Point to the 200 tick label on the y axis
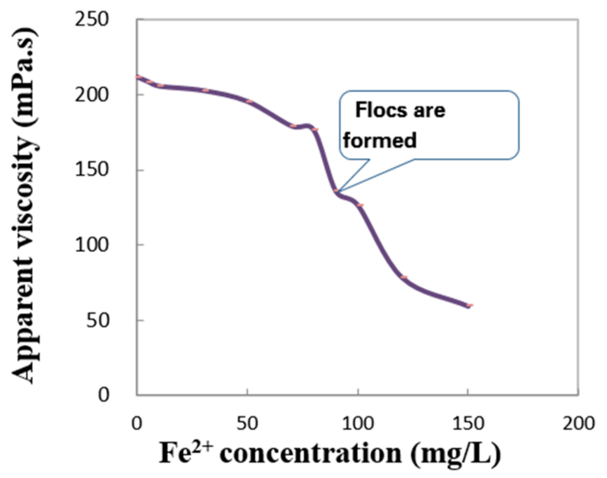pyautogui.click(x=91, y=95)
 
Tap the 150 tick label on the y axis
pyautogui.click(x=91, y=170)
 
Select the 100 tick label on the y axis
pyautogui.click(x=91, y=245)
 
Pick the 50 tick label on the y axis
pyautogui.click(x=97, y=320)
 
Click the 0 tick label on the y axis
pyautogui.click(x=103, y=395)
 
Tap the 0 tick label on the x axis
pyautogui.click(x=137, y=423)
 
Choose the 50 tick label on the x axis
pyautogui.click(x=247, y=423)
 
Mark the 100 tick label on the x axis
pyautogui.click(x=358, y=423)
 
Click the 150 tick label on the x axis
pyautogui.click(x=468, y=423)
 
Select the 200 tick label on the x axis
pyautogui.click(x=579, y=423)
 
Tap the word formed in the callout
pyautogui.click(x=380, y=141)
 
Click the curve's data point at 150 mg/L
pyautogui.click(x=469, y=306)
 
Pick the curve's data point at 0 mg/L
pyautogui.click(x=138, y=77)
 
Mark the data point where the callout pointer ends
pyautogui.click(x=336, y=191)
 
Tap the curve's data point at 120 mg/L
pyautogui.click(x=404, y=277)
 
